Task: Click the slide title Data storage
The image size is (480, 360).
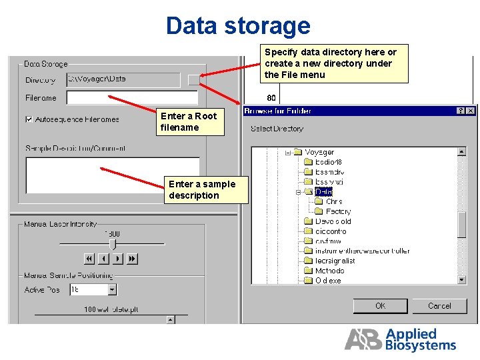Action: pos(238,26)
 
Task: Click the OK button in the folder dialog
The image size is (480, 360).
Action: pos(380,306)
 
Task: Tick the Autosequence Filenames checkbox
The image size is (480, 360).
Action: pos(29,119)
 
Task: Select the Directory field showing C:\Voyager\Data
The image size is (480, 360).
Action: pos(123,79)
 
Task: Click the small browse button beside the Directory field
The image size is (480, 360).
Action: pos(193,80)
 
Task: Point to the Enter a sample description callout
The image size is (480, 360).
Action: pos(205,189)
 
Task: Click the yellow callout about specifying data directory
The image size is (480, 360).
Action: pos(334,63)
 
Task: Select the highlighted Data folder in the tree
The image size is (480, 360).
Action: pos(323,192)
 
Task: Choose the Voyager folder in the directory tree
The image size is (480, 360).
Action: pos(319,153)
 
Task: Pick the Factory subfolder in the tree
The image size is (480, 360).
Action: pos(338,211)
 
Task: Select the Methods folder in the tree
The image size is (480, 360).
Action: pos(329,271)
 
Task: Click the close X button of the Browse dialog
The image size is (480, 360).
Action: pos(471,111)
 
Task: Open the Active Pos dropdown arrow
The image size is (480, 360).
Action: pos(112,290)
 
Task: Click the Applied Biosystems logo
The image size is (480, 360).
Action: pos(400,339)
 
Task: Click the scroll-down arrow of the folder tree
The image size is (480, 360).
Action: pos(462,280)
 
